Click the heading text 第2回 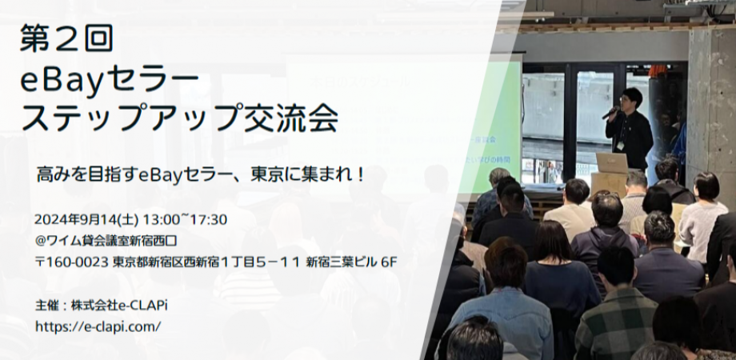(67, 39)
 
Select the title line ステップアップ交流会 (179, 118)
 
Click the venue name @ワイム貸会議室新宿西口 (117, 240)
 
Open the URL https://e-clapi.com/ (98, 326)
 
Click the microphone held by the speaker (610, 113)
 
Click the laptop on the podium (612, 163)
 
